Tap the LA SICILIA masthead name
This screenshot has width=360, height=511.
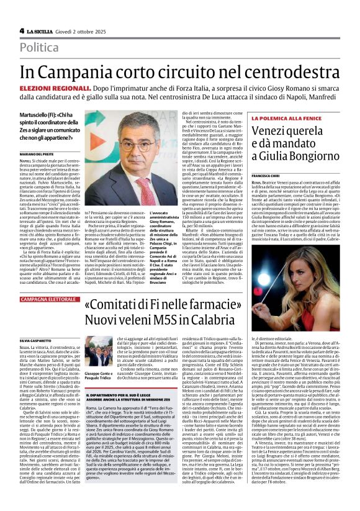[x=42, y=30]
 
